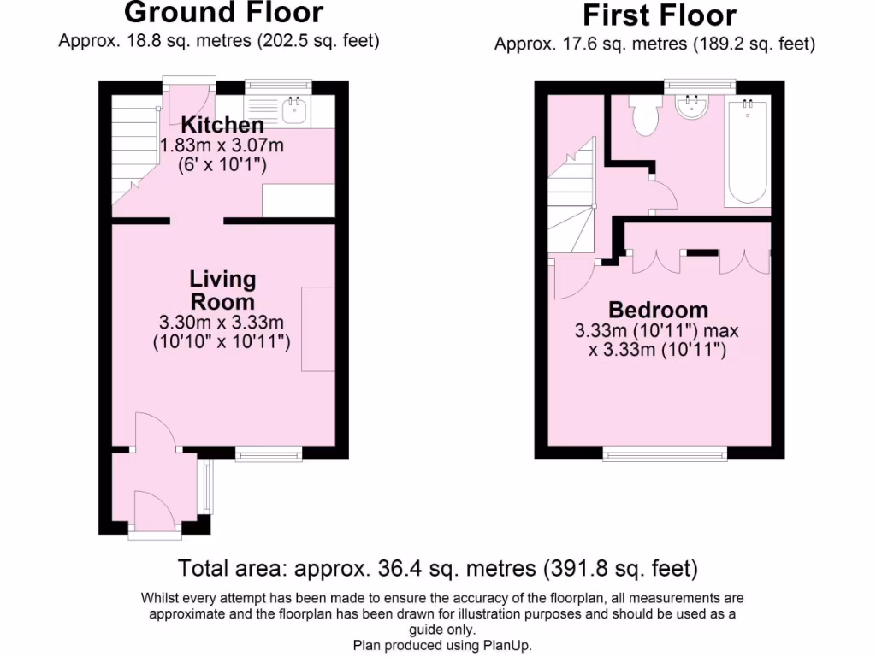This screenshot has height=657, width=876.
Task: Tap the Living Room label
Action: pos(222,290)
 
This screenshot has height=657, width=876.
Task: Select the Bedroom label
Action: pos(658,310)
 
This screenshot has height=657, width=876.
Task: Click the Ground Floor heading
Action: pos(223,13)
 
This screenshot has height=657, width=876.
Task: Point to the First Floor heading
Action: pos(659,15)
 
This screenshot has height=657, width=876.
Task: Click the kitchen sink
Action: pos(295,106)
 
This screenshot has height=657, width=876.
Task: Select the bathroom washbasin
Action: pos(690,107)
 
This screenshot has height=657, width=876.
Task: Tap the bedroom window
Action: pos(665,453)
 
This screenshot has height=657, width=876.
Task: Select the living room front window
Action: pos(269,453)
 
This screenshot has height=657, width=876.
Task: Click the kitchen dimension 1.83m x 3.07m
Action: pos(222,145)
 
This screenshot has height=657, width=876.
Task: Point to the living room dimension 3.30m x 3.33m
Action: pos(222,323)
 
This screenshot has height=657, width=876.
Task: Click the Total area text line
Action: pos(437,568)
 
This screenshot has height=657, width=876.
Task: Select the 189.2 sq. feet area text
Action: pos(753,44)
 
